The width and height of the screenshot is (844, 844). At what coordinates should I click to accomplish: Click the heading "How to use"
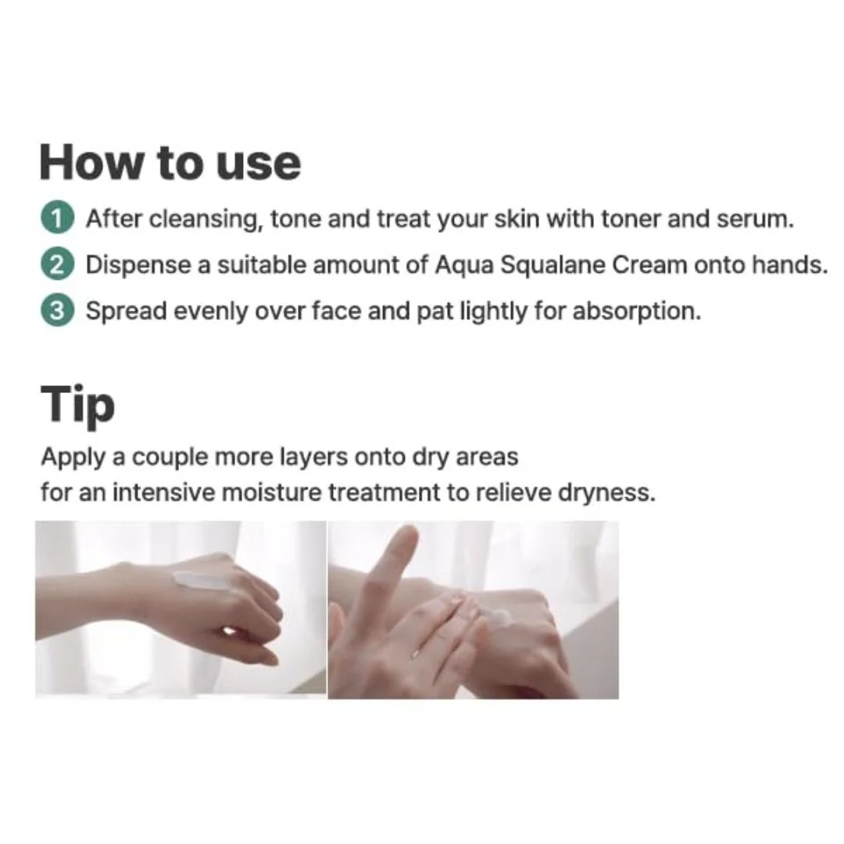170,163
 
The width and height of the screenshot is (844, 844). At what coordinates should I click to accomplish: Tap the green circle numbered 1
57,220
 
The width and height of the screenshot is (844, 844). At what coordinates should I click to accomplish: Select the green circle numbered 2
57,266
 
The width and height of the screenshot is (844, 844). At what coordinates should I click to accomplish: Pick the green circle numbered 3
57,312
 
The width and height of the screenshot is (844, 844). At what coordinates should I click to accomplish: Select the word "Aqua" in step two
464,266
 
